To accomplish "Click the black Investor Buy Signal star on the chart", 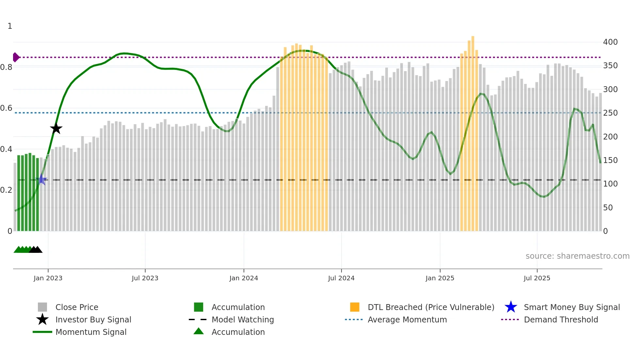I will tap(56, 128).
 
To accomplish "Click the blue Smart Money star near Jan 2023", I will tap(42, 180).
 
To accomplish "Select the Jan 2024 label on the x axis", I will tap(244, 278).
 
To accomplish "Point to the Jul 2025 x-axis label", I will tap(537, 278).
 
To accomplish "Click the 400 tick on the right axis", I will tap(610, 42).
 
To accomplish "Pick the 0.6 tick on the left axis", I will tap(6, 108).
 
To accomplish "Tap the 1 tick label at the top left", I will tap(10, 26).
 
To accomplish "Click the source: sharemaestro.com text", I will tap(577, 256).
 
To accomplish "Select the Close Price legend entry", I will tap(77, 307).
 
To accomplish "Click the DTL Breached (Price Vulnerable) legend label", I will tap(431, 307).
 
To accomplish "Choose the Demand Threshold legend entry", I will tap(561, 319).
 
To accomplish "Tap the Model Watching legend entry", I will tap(243, 319).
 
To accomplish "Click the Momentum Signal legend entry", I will tap(91, 332).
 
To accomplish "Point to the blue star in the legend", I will tap(511, 307).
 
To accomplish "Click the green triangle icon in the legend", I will tap(199, 331).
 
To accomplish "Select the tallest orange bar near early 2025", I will tap(473, 131).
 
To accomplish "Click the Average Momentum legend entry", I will tap(407, 319).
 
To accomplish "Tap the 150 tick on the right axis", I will tap(610, 160).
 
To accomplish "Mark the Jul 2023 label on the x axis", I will tap(145, 278).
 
